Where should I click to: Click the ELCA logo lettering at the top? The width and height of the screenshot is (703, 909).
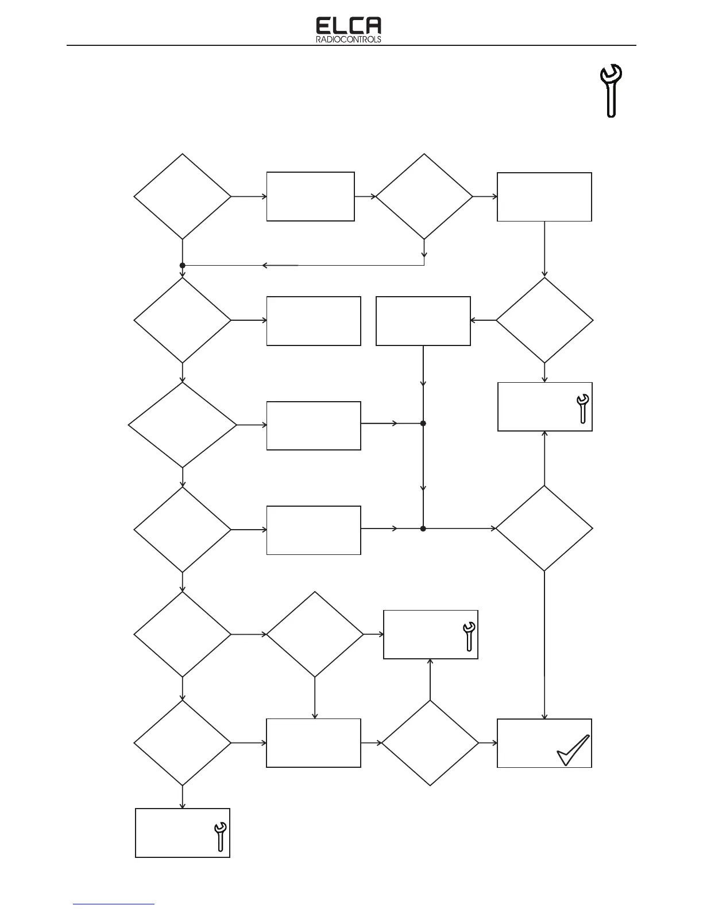click(x=349, y=26)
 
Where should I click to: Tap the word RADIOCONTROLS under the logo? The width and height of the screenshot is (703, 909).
click(x=349, y=40)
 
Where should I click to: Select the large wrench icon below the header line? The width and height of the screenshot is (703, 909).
click(x=611, y=91)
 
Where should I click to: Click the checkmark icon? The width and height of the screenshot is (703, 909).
click(x=573, y=751)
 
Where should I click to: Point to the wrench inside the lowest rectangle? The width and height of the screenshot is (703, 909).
click(x=220, y=836)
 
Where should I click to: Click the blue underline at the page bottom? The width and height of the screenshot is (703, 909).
click(x=114, y=905)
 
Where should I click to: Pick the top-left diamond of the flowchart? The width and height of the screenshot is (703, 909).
click(x=183, y=196)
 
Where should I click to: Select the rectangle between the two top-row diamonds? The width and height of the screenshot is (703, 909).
click(x=310, y=196)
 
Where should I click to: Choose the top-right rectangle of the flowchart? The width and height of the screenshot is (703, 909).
click(x=544, y=197)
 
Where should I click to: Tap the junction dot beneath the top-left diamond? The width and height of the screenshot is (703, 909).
click(x=183, y=266)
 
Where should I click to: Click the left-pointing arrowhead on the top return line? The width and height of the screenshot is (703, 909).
click(x=265, y=266)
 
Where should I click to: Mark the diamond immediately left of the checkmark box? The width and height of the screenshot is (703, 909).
click(x=430, y=743)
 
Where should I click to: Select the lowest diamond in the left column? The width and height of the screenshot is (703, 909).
click(x=183, y=743)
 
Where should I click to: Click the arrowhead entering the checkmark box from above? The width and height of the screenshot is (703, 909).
click(x=544, y=716)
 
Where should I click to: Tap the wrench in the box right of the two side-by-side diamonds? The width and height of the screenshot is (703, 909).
click(x=469, y=636)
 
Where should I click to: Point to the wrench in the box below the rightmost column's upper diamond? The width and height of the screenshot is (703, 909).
click(x=582, y=409)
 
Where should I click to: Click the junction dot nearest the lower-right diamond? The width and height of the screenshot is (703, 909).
click(x=423, y=528)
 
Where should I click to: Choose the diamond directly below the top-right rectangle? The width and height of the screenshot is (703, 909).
click(x=544, y=320)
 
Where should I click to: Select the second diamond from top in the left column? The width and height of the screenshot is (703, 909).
click(x=183, y=320)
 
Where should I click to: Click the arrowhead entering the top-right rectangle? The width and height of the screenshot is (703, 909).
click(x=495, y=196)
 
